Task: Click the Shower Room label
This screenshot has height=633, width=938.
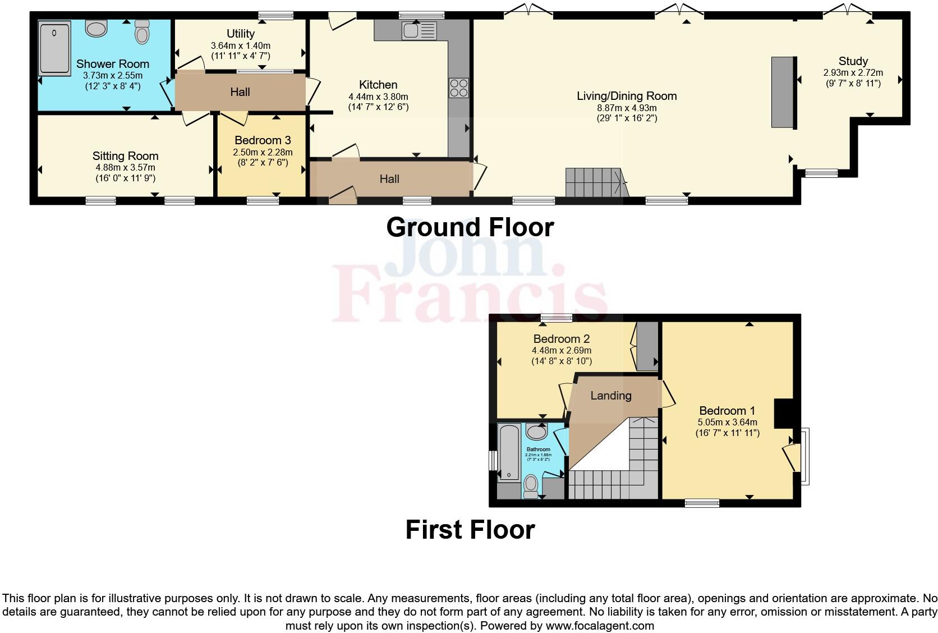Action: click(112, 64)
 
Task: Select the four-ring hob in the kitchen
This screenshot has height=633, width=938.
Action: click(458, 88)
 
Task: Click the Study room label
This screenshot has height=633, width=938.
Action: click(853, 61)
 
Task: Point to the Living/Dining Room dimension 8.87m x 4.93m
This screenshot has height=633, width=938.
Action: click(627, 107)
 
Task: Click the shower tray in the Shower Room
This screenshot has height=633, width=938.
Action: click(55, 48)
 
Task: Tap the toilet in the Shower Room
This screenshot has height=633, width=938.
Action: click(142, 33)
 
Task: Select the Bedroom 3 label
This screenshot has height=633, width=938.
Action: click(263, 140)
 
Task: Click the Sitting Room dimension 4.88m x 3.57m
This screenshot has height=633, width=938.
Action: click(125, 167)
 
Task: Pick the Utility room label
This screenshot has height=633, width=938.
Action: click(241, 34)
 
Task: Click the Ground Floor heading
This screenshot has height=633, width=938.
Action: click(470, 227)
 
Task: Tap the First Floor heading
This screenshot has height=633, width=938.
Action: click(470, 529)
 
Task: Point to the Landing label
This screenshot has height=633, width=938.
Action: click(610, 396)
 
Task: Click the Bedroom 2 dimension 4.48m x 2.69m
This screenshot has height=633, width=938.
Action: click(561, 350)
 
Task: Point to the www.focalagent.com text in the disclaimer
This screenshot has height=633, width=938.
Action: click(599, 625)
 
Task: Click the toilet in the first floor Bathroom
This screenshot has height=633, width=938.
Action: click(531, 485)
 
